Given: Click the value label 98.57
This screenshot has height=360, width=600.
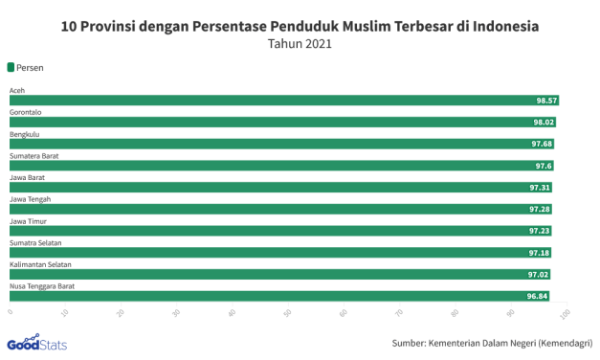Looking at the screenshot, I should [x=546, y=101].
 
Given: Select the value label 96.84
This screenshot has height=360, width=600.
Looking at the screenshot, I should [x=537, y=297].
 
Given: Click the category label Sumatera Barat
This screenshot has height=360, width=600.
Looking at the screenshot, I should [x=35, y=155].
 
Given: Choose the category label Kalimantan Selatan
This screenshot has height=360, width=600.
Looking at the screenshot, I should [x=42, y=264].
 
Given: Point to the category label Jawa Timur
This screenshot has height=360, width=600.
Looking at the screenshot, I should [x=28, y=220].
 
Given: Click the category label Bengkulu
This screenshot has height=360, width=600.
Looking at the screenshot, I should [x=25, y=133].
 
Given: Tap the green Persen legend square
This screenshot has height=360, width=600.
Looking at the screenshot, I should [x=11, y=67].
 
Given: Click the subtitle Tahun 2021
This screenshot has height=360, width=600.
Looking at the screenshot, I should [x=300, y=45].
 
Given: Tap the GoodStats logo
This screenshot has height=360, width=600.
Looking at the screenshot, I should [x=36, y=343].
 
